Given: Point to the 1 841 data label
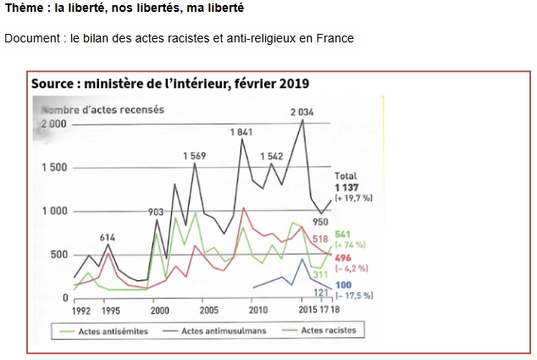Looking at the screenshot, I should pos(242,132).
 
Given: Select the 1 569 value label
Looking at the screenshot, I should pos(197,157).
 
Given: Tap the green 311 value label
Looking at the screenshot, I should pos(320,274).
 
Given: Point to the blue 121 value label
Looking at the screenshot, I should pos(320,292).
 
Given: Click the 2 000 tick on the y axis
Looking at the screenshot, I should pos(53,124).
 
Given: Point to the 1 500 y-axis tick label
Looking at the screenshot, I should pos(53,168).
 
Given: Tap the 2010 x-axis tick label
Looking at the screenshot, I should pos(257,310).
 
